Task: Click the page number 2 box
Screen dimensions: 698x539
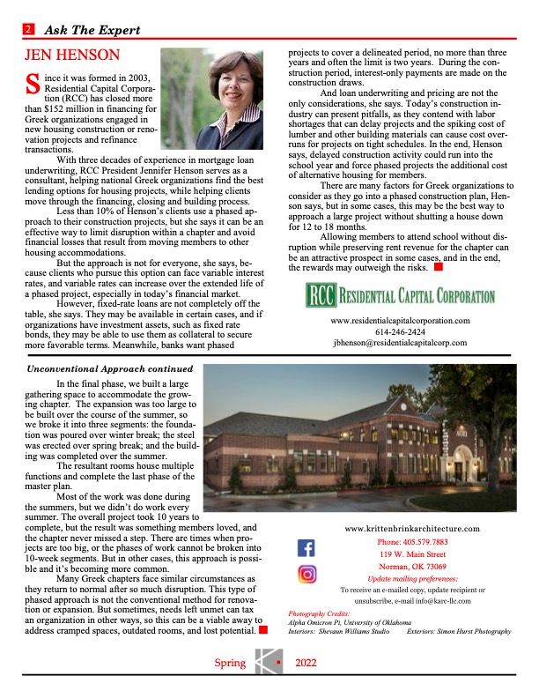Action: pyautogui.click(x=29, y=30)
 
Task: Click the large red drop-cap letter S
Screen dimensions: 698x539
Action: pyautogui.click(x=33, y=85)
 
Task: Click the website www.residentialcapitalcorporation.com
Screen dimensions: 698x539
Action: pyautogui.click(x=400, y=321)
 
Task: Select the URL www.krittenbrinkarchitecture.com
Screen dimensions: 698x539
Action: pyautogui.click(x=413, y=528)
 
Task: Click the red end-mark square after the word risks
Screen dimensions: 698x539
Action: pyautogui.click(x=438, y=266)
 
